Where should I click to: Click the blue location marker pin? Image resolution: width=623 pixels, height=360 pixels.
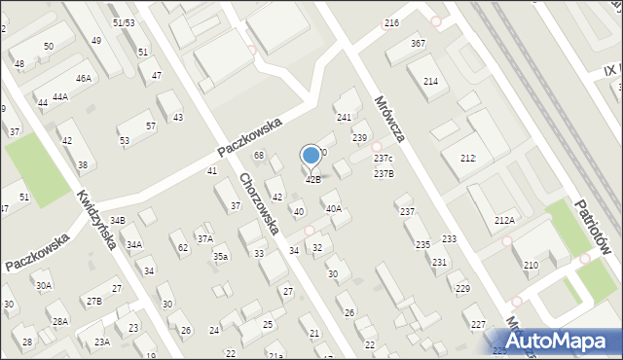click(311, 155)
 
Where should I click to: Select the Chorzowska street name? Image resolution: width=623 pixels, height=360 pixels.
click(260, 204)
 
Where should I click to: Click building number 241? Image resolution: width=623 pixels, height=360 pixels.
click(344, 117)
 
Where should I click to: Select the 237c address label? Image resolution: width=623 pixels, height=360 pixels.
click(383, 159)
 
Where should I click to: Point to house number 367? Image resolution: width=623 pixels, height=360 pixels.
click(418, 44)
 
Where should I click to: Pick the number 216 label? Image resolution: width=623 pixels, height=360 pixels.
click(391, 22)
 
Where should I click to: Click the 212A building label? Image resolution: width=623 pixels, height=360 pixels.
click(504, 221)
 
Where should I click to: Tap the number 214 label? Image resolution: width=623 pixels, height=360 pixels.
click(430, 81)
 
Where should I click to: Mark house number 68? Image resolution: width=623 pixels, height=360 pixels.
click(259, 156)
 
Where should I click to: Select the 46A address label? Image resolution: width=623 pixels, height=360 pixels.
click(84, 78)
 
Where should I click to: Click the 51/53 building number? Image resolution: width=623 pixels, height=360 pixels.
click(124, 21)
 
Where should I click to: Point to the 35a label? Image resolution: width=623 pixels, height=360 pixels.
click(221, 257)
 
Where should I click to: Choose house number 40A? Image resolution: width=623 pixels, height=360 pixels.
click(333, 208)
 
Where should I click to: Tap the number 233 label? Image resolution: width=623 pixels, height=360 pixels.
click(449, 239)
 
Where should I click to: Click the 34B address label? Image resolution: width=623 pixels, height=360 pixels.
click(118, 222)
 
